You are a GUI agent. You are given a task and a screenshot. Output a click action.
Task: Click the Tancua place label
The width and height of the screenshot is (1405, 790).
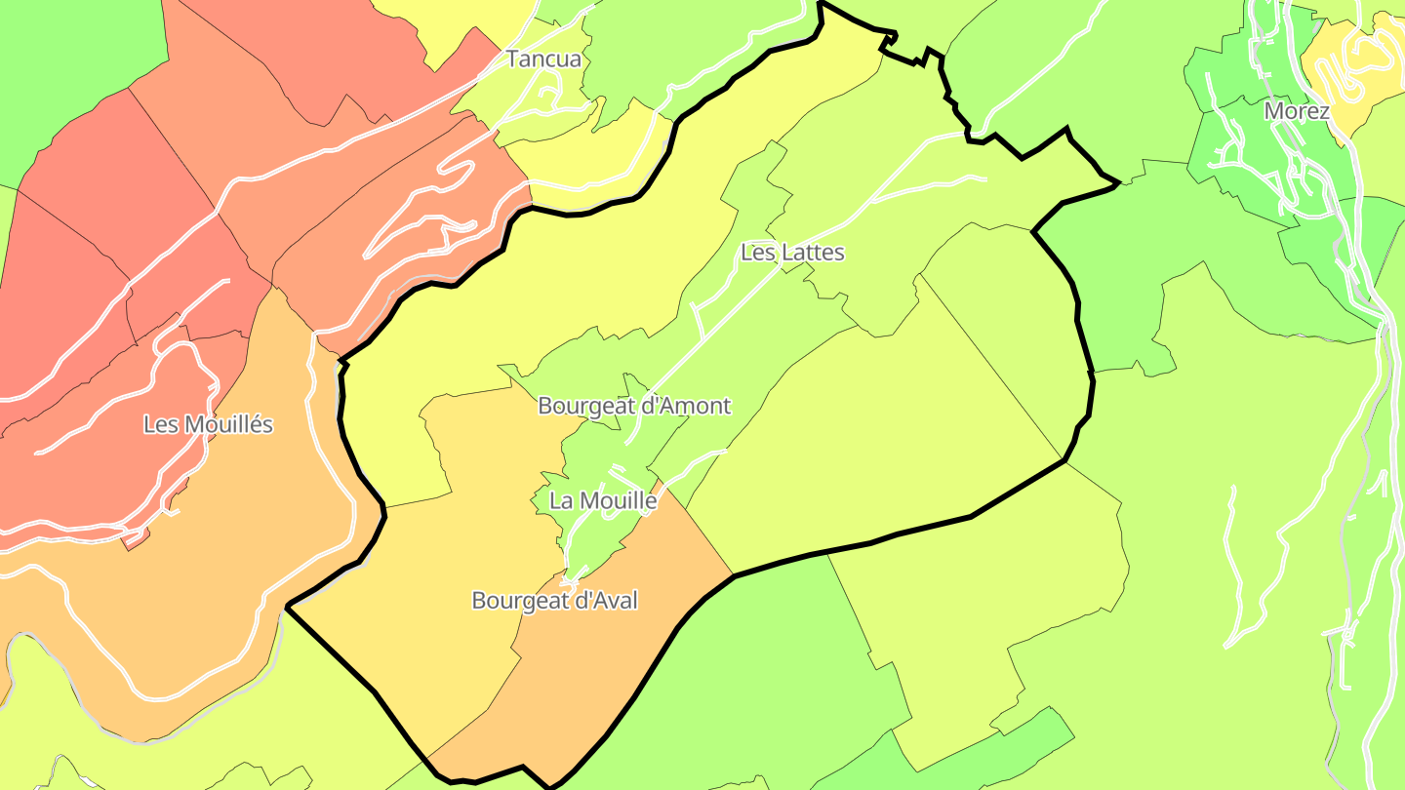543,59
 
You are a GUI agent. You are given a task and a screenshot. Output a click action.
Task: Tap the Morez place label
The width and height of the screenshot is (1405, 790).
1297,111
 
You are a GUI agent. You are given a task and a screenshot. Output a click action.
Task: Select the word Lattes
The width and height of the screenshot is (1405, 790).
809,253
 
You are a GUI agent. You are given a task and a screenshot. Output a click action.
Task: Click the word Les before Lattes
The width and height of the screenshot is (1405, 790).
756,253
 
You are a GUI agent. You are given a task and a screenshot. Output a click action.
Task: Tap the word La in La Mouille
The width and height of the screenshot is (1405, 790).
562,501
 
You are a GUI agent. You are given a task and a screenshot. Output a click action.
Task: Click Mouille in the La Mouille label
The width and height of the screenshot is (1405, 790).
618,501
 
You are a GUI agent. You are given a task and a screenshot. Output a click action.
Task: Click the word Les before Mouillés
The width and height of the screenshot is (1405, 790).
159,425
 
